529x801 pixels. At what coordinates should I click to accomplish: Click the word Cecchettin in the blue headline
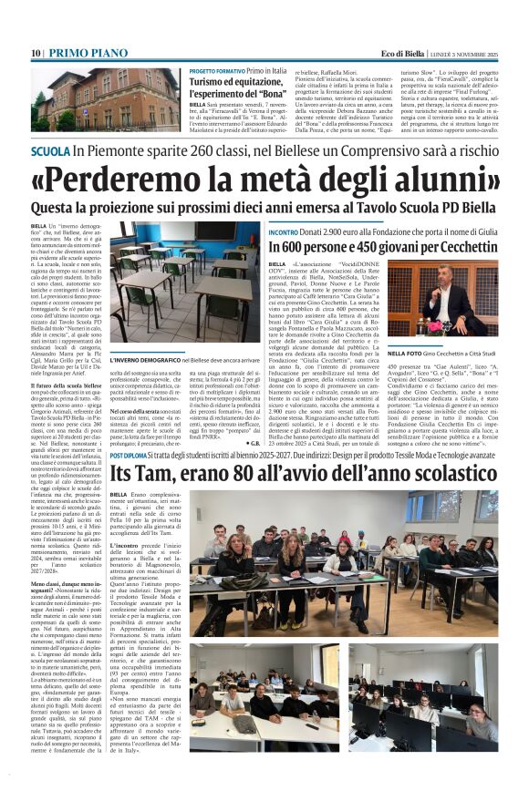[x=443, y=248]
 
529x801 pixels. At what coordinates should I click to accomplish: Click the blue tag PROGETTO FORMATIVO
[x=216, y=70]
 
